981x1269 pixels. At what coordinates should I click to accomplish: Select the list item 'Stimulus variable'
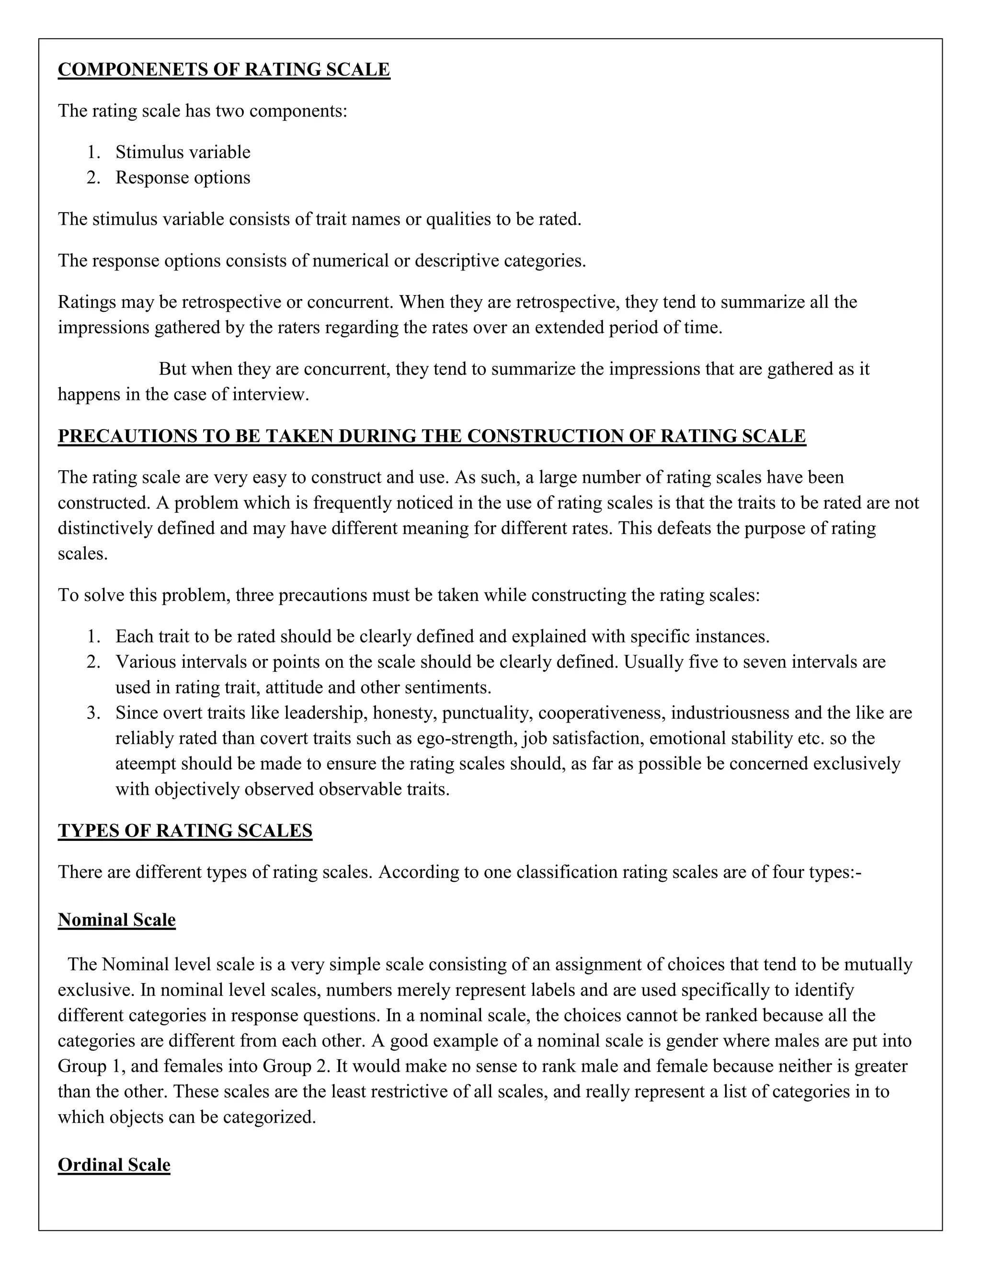(183, 152)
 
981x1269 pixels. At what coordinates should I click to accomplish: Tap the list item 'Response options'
(183, 178)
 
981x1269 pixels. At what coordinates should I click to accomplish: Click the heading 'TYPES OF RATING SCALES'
(185, 831)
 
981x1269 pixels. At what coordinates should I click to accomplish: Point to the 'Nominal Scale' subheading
(116, 920)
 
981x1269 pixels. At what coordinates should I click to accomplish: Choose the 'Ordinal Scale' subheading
(114, 1165)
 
